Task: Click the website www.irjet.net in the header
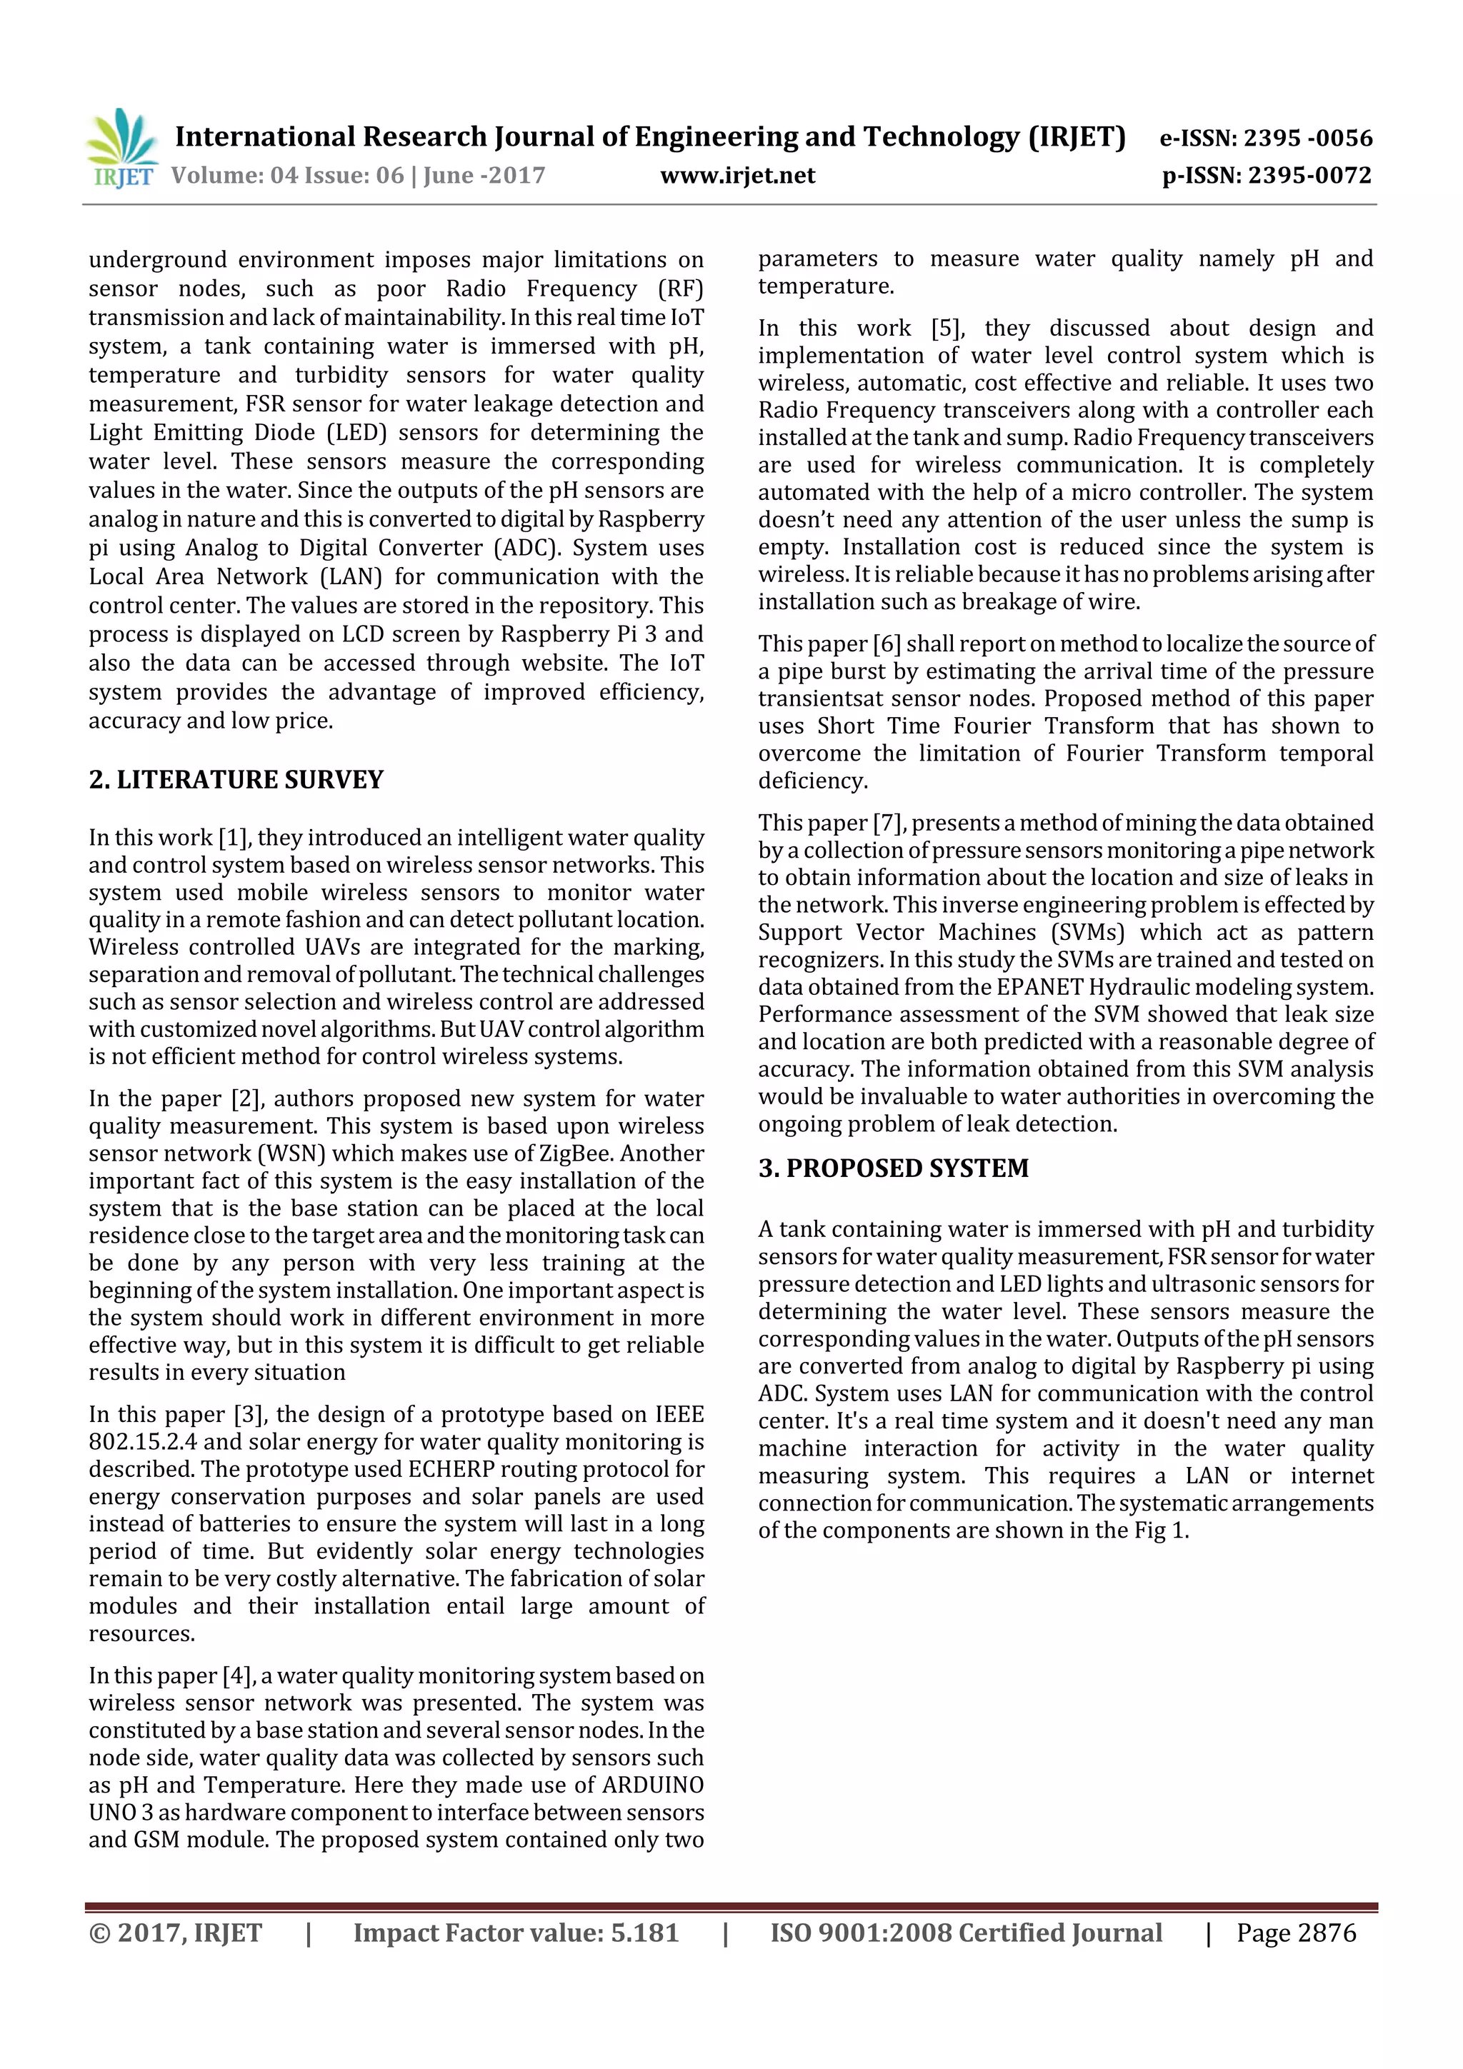(x=737, y=176)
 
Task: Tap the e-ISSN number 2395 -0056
(x=1307, y=139)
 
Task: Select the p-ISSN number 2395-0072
(x=1309, y=176)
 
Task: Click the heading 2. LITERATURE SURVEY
(x=236, y=779)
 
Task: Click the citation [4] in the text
(x=236, y=1676)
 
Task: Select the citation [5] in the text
(x=947, y=329)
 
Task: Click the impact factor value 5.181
(x=644, y=1933)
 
